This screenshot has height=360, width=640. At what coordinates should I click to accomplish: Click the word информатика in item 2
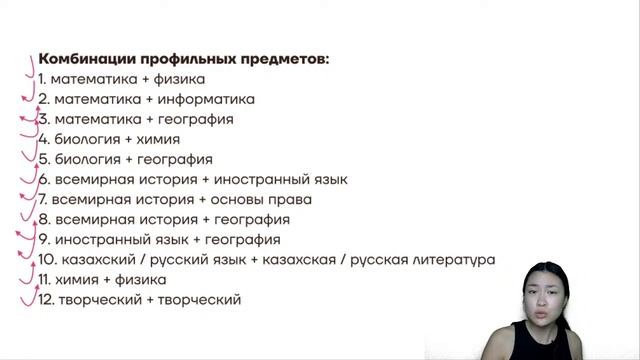pyautogui.click(x=208, y=99)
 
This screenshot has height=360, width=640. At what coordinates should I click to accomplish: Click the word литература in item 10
pyautogui.click(x=448, y=259)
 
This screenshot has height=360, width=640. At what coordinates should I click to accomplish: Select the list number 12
pyautogui.click(x=44, y=299)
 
